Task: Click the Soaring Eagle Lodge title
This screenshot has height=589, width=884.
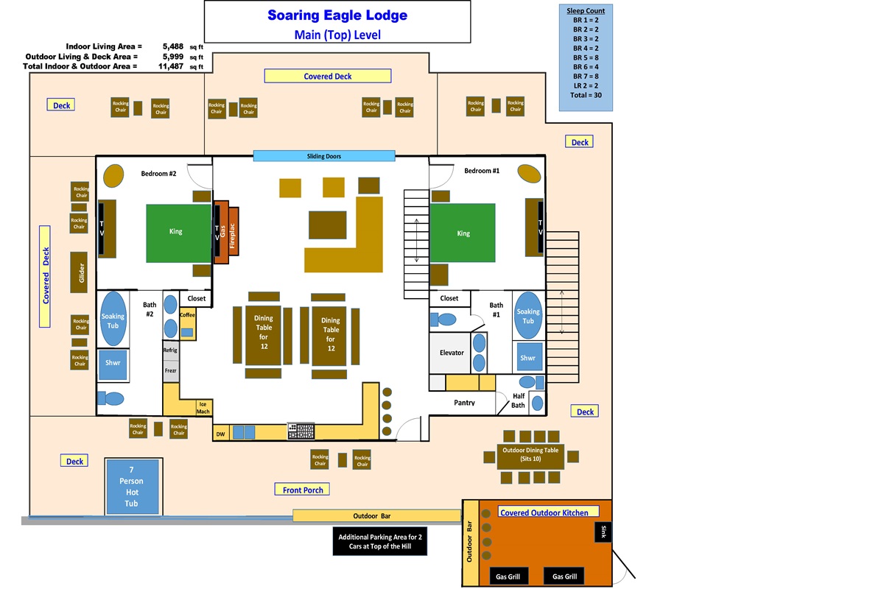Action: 337,15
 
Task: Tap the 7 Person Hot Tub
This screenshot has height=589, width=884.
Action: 132,487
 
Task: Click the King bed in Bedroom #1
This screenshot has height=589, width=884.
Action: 463,233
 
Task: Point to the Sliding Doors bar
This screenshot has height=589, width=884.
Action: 324,156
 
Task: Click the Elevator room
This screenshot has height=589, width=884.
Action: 451,353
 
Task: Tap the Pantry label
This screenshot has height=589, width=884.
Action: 464,403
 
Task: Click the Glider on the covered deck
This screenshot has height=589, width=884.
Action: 81,272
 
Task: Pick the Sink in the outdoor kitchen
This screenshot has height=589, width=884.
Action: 603,532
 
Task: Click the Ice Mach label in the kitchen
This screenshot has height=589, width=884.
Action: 203,407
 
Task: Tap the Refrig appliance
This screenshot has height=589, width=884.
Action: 170,350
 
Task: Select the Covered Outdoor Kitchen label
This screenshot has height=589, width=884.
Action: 544,512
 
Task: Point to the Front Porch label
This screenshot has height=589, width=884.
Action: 303,490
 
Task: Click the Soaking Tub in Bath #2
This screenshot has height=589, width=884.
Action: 113,320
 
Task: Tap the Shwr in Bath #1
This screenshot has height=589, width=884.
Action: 527,358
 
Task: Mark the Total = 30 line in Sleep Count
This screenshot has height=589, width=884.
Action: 585,95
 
